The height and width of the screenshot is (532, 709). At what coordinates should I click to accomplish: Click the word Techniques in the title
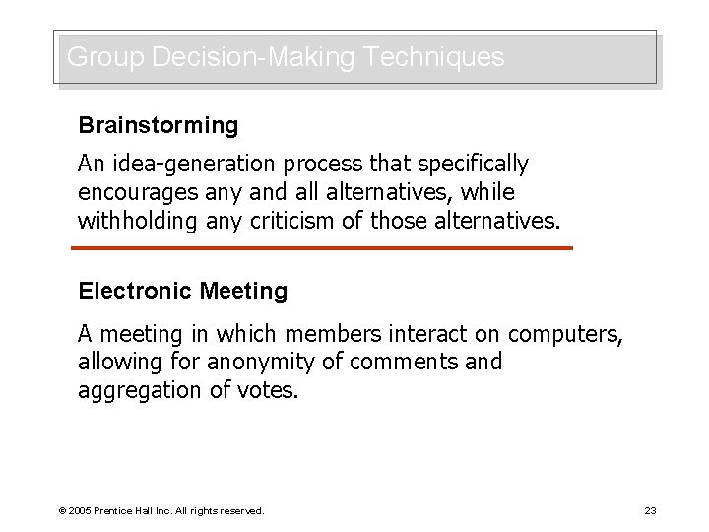tap(433, 57)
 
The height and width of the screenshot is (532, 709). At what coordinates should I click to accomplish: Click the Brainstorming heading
tap(159, 126)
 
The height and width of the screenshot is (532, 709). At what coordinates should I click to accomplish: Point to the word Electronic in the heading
tap(135, 292)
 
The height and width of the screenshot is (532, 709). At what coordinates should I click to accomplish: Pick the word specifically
tap(474, 163)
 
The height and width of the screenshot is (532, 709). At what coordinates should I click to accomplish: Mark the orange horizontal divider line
tap(325, 247)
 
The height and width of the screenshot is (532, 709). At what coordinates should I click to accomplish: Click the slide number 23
tap(651, 511)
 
